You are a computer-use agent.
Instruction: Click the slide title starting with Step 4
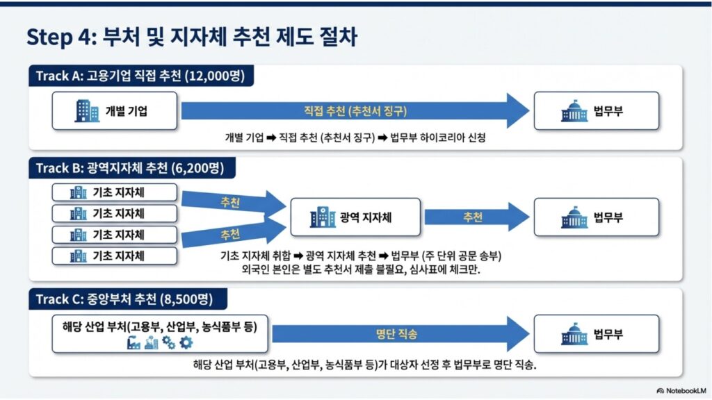tap(192, 37)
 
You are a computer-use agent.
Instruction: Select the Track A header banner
tap(141, 76)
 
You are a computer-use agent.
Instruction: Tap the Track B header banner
tap(131, 168)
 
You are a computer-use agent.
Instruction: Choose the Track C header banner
tap(128, 299)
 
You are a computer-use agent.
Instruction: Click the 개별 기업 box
tap(115, 110)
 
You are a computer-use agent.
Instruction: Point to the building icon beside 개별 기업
tap(87, 110)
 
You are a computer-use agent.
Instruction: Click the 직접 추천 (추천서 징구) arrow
tap(355, 110)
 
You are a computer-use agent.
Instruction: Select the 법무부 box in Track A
tap(596, 110)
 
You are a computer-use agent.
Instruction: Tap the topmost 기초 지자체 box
tap(115, 192)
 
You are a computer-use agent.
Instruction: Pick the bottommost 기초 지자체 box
tap(115, 256)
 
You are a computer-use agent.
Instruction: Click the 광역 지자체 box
tap(355, 217)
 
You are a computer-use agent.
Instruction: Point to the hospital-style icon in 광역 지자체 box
tap(323, 217)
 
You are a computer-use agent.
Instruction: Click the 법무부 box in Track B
tap(596, 217)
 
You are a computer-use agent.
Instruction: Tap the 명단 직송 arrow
tap(400, 334)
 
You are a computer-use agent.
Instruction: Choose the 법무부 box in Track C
tap(596, 334)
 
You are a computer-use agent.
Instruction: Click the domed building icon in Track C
tap(574, 334)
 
